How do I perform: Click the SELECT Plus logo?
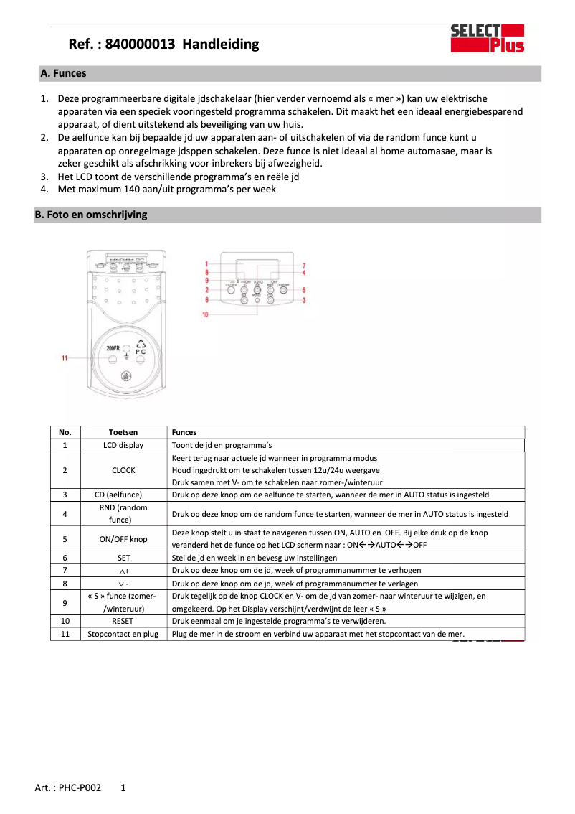click(x=487, y=38)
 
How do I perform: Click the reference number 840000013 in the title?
click(x=140, y=45)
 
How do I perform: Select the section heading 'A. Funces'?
click(x=63, y=73)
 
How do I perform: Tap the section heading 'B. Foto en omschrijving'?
click(x=91, y=215)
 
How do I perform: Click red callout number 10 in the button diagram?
click(x=205, y=314)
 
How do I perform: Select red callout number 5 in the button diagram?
click(x=305, y=289)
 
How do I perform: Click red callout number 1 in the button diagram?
click(x=206, y=265)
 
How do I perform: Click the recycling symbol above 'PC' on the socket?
click(x=141, y=343)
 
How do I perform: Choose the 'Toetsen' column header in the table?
click(x=123, y=433)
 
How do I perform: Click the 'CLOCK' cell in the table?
click(x=123, y=470)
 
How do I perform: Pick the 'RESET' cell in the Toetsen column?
click(x=123, y=621)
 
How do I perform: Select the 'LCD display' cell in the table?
click(x=123, y=445)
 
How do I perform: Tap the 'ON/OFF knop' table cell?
click(x=123, y=538)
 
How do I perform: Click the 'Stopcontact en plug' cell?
click(x=123, y=634)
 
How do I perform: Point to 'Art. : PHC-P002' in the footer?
click(x=68, y=787)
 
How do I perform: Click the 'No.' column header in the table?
click(x=65, y=433)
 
